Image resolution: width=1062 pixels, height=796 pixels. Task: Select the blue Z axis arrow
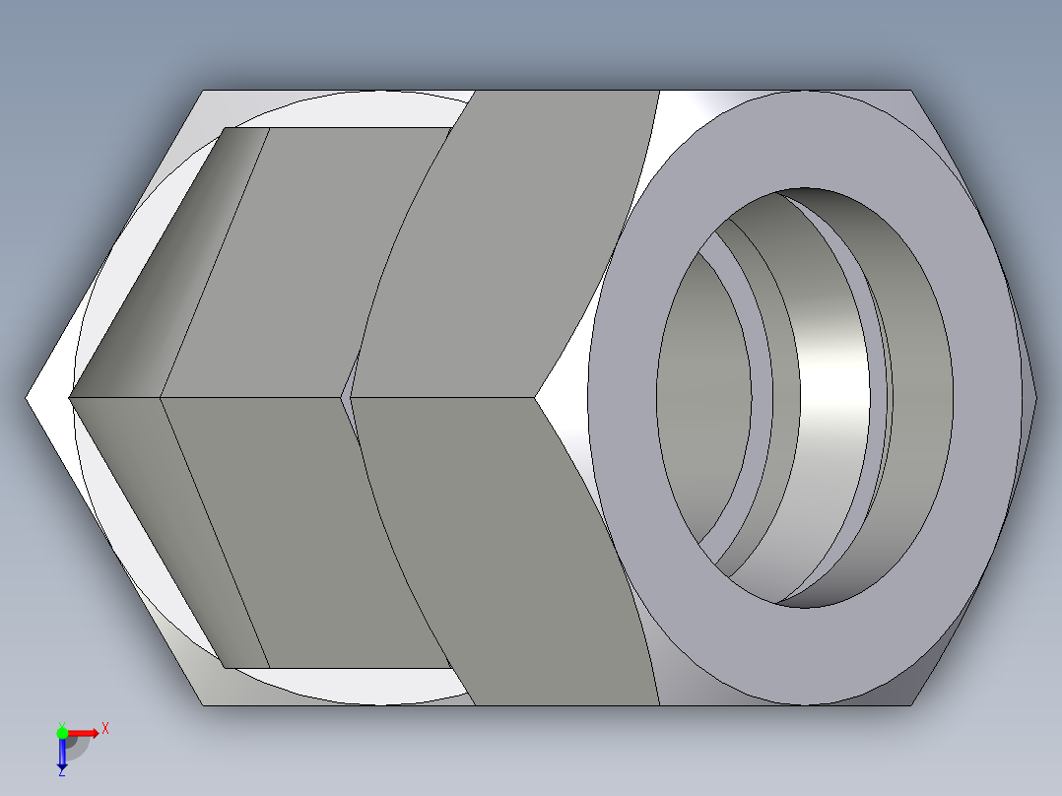pos(61,753)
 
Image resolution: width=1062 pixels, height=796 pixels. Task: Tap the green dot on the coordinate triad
pos(62,732)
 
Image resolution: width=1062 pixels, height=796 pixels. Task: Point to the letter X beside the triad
pos(105,729)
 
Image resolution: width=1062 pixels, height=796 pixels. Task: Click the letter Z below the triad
pos(61,773)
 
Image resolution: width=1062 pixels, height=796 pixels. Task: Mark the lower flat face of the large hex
pos(512,552)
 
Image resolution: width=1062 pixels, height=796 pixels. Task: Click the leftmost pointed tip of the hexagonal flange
pos(28,398)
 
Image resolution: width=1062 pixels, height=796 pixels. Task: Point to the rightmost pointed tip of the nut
pos(1035,398)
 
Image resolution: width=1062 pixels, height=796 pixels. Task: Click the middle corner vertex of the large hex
pos(536,398)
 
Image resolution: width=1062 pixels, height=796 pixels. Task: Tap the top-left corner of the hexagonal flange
pos(204,92)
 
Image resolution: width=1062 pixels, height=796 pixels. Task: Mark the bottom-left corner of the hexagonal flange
pos(204,704)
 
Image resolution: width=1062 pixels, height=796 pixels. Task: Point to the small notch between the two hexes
pos(346,394)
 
